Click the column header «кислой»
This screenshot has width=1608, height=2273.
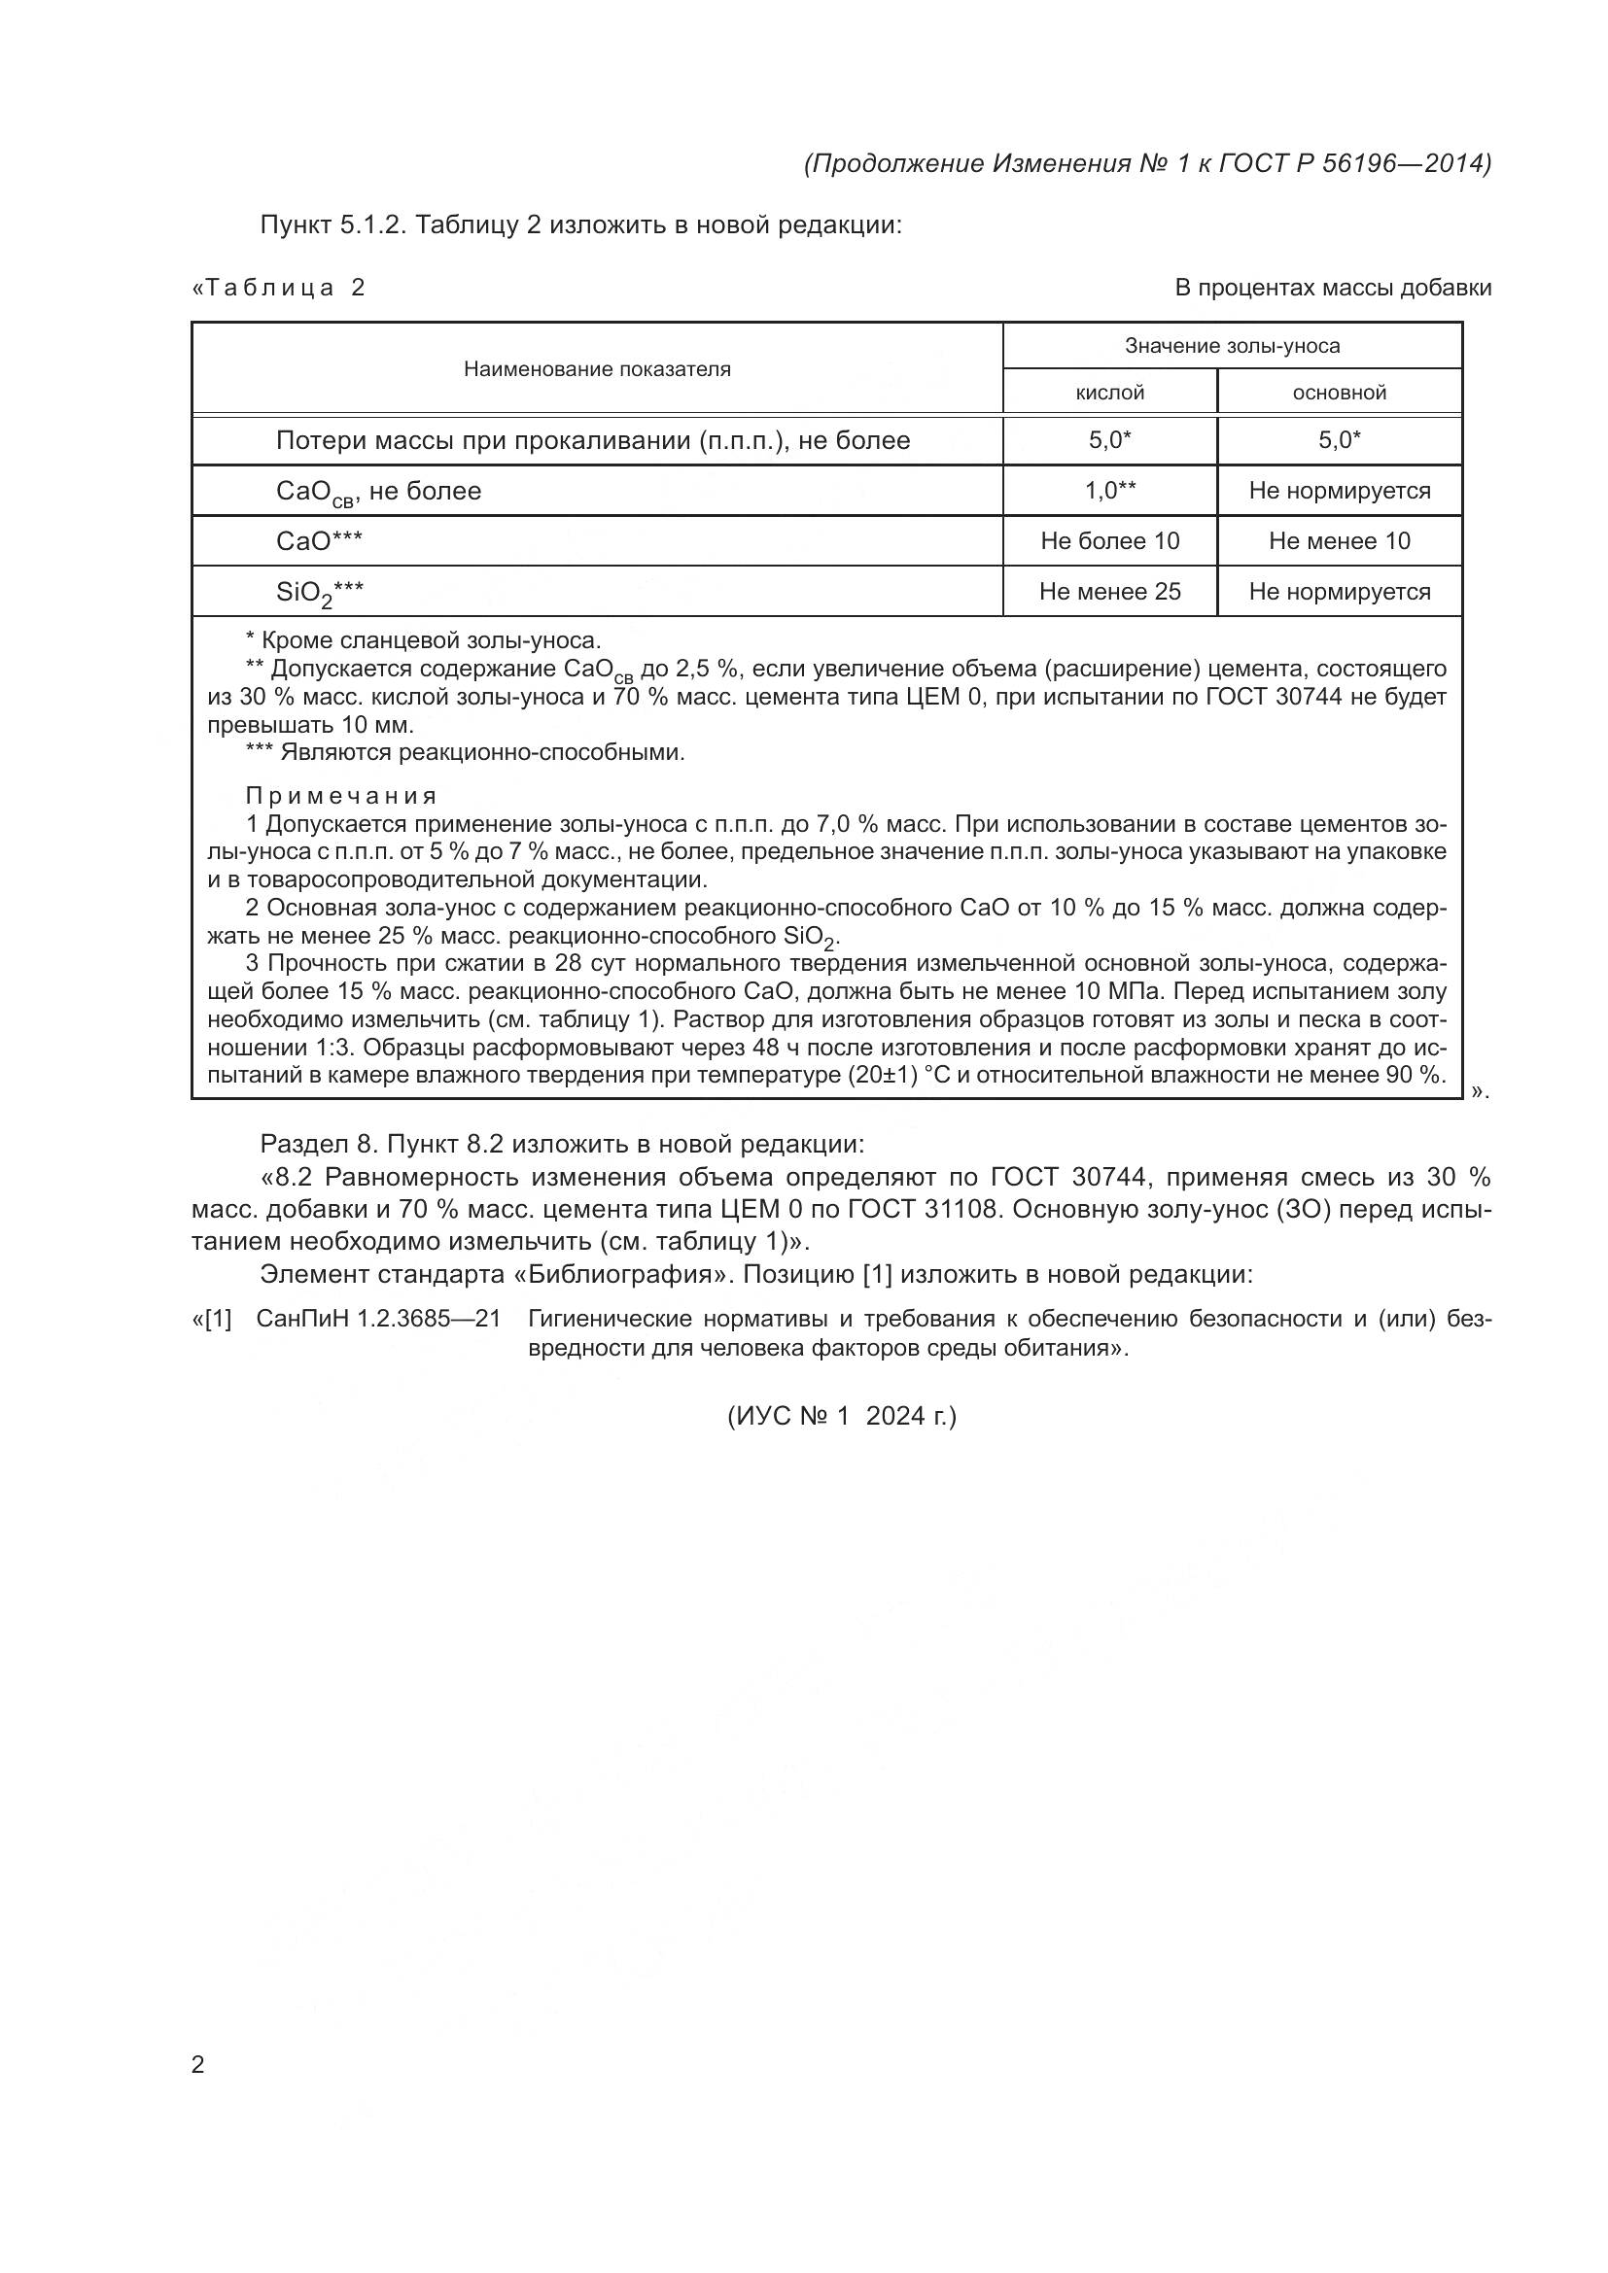coord(1109,393)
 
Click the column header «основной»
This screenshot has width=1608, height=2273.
coord(1339,393)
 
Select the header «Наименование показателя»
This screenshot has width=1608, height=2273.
coord(597,369)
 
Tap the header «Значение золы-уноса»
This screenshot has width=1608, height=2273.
coord(1232,346)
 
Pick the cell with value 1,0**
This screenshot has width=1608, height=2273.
coord(1109,490)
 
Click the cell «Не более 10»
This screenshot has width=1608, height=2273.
coord(1109,540)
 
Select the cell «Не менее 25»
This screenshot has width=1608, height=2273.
coord(1109,592)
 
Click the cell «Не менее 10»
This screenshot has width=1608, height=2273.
coord(1339,540)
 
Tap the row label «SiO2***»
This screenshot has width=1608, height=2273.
coord(320,593)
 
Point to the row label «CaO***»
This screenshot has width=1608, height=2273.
coord(319,540)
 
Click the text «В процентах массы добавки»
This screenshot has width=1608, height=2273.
coord(1333,288)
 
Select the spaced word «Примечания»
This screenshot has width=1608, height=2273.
coord(340,796)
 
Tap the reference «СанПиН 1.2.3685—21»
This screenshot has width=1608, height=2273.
coord(377,1319)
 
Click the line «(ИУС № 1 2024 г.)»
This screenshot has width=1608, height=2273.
coord(842,1417)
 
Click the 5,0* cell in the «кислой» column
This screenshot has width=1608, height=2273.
coord(1109,440)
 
